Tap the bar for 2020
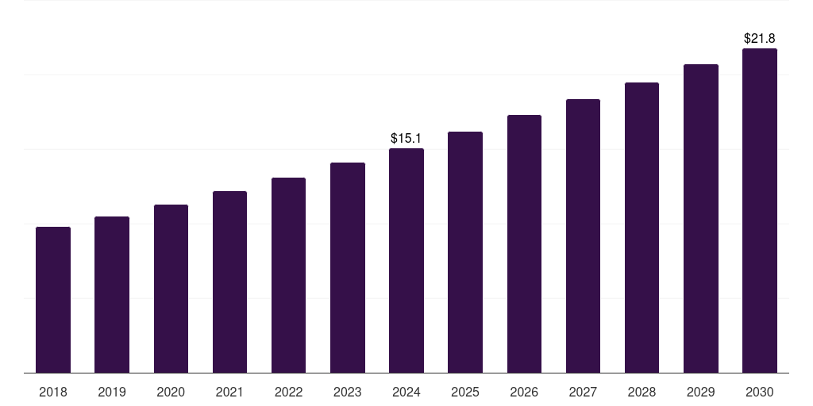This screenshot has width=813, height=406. pyautogui.click(x=171, y=289)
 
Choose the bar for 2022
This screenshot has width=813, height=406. pyautogui.click(x=288, y=275)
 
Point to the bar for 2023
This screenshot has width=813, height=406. pyautogui.click(x=348, y=267)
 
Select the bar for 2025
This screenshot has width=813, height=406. pyautogui.click(x=465, y=252)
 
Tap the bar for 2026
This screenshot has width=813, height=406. pyautogui.click(x=524, y=243)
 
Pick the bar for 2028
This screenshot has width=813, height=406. pyautogui.click(x=642, y=228)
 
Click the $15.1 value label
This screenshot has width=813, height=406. pyautogui.click(x=406, y=138)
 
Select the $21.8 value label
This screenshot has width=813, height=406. pyautogui.click(x=760, y=38)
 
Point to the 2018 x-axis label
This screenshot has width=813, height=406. pyautogui.click(x=53, y=392)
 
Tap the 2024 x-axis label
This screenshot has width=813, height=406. pyautogui.click(x=406, y=392)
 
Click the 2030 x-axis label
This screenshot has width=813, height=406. pyautogui.click(x=760, y=392)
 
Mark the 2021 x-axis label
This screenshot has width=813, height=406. pyautogui.click(x=229, y=392)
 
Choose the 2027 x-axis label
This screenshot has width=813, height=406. pyautogui.click(x=583, y=392)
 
